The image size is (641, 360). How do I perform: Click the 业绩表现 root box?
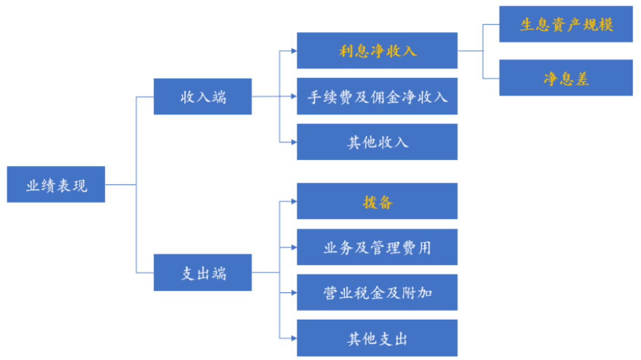[56, 185]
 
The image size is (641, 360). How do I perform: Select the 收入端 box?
[203, 96]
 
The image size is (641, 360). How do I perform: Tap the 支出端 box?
[203, 272]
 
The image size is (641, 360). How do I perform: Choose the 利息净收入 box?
[377, 50]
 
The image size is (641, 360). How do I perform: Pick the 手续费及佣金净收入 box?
[377, 96]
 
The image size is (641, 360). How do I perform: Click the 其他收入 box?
[377, 142]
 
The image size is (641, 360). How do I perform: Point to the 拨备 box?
[377, 201]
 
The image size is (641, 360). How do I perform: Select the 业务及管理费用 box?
[377, 247]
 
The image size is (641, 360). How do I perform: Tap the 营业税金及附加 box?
[377, 292]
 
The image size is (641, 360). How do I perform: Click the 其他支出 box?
[377, 338]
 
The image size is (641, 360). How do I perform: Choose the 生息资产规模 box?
[566, 24]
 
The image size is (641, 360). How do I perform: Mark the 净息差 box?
[566, 78]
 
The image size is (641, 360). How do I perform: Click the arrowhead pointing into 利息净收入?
[294, 50]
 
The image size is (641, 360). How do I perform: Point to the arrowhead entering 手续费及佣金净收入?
[294, 96]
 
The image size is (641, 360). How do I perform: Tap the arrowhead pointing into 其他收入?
[294, 142]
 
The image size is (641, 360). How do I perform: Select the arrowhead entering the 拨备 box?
[294, 201]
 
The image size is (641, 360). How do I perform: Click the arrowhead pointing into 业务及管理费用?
[294, 247]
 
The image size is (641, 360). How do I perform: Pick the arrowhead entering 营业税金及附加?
[294, 292]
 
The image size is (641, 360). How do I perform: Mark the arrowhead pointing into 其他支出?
[294, 338]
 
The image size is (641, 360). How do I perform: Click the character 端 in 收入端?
[219, 96]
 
